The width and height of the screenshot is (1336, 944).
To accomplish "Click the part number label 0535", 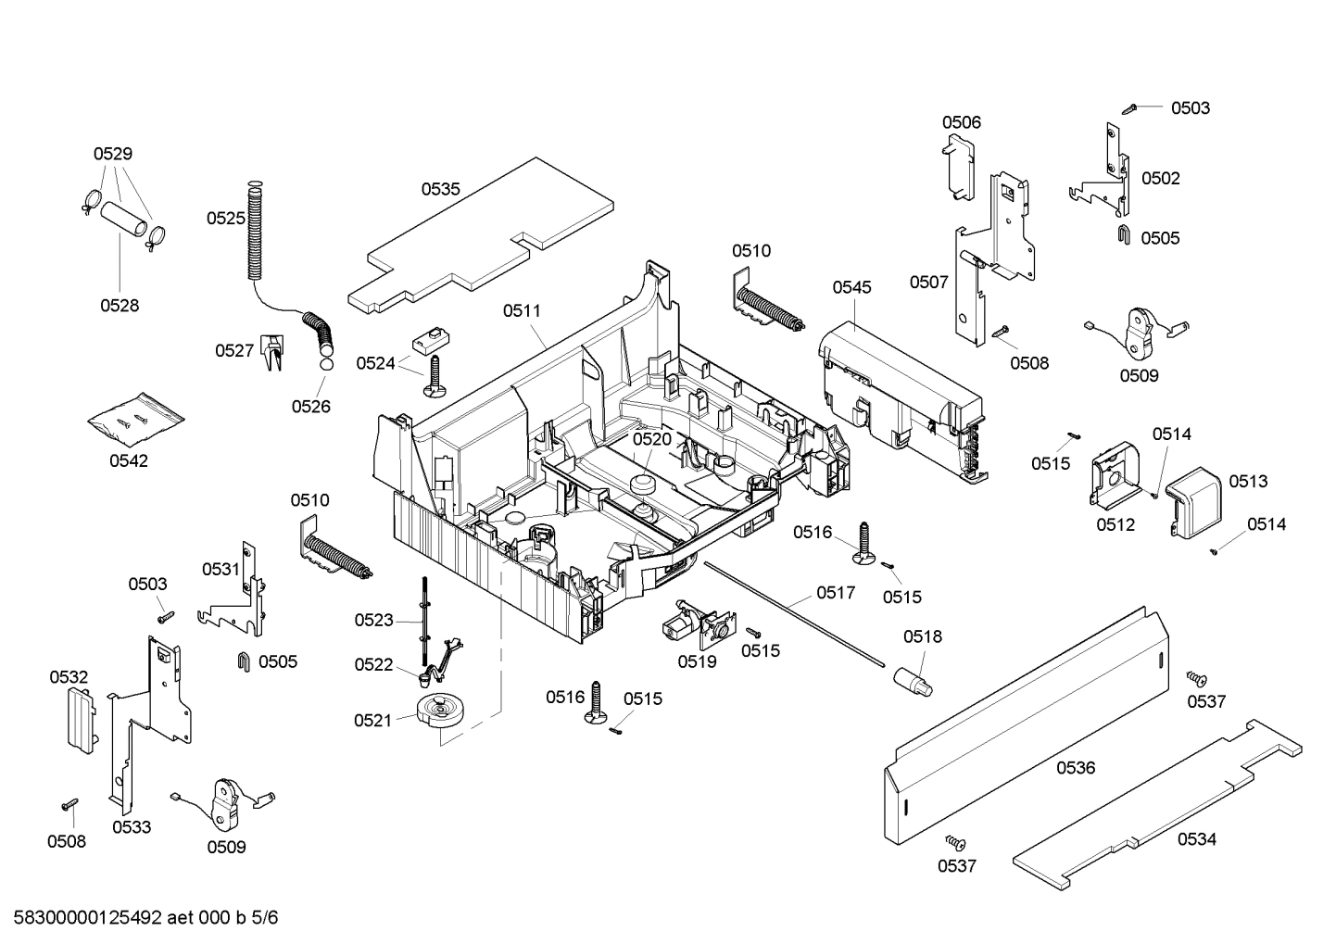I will coord(440,189).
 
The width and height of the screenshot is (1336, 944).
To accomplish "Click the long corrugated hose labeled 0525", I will coord(256,232).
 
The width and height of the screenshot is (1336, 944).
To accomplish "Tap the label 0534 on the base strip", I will coord(1196,839).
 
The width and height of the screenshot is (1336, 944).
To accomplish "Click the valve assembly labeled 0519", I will coord(695,625).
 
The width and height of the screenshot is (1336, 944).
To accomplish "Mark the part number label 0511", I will coord(522,311).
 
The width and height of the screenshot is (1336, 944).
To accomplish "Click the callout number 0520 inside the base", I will coord(651,439).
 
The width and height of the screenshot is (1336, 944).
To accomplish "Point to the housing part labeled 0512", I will coord(1112,477).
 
